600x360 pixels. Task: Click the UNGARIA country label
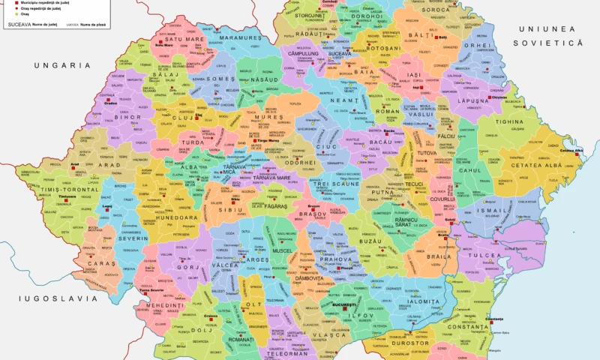coord(56,65)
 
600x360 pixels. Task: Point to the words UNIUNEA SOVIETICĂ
coord(547,36)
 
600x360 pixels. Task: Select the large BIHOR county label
coord(128,118)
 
